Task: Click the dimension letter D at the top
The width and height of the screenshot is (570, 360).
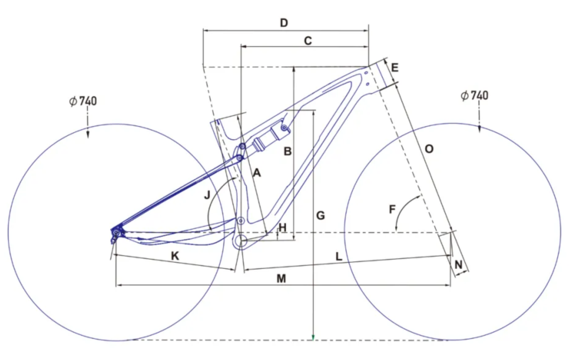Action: pyautogui.click(x=284, y=23)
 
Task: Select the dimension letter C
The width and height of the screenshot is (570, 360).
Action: pyautogui.click(x=307, y=41)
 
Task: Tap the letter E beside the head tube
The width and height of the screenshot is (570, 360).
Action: pyautogui.click(x=395, y=68)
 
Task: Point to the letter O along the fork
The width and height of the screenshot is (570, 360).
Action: pyautogui.click(x=429, y=149)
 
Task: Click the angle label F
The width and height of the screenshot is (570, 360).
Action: pyautogui.click(x=392, y=210)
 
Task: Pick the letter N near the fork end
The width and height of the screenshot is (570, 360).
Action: pyautogui.click(x=459, y=264)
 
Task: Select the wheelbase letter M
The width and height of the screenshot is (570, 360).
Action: pyautogui.click(x=282, y=278)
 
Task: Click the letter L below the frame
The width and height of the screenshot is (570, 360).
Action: pyautogui.click(x=338, y=255)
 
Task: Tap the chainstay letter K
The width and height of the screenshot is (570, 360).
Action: pyautogui.click(x=175, y=255)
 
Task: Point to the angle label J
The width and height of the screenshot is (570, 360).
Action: pyautogui.click(x=206, y=195)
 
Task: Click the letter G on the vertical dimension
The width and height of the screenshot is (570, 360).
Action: pyautogui.click(x=320, y=215)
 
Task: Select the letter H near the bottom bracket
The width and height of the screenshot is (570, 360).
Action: pyautogui.click(x=282, y=228)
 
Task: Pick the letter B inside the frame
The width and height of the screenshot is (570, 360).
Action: pyautogui.click(x=287, y=151)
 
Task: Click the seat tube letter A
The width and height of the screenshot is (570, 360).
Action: pyautogui.click(x=257, y=173)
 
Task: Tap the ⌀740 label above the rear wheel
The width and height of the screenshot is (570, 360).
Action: pyautogui.click(x=83, y=101)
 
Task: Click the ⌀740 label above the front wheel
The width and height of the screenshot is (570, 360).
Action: pyautogui.click(x=474, y=96)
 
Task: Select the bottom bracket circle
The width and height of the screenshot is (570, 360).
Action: pyautogui.click(x=241, y=241)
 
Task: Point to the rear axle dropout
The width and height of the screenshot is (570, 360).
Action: pyautogui.click(x=117, y=232)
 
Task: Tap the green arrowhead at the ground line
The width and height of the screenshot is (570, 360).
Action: pyautogui.click(x=313, y=337)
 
